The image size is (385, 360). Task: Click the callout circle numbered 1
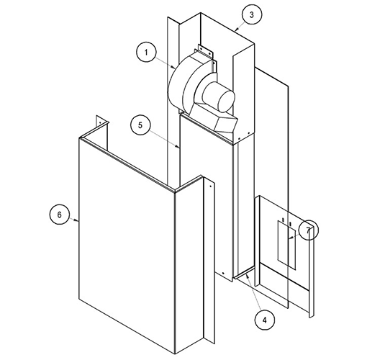click(x=146, y=53)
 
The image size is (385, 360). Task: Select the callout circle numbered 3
click(x=252, y=14)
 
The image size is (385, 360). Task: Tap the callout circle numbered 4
click(x=265, y=320)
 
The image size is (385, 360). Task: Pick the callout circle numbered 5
click(x=140, y=125)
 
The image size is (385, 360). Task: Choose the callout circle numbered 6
click(x=60, y=215)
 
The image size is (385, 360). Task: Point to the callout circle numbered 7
click(x=309, y=230)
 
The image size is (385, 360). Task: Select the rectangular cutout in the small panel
click(x=287, y=245)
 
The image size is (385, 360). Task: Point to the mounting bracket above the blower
click(x=205, y=50)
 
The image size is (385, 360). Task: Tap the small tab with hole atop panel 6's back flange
click(x=101, y=121)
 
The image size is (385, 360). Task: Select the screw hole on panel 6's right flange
click(x=210, y=186)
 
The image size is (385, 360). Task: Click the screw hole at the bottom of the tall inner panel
click(x=223, y=274)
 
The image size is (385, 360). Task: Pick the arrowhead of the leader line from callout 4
click(x=248, y=276)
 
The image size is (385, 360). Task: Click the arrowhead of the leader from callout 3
click(x=236, y=30)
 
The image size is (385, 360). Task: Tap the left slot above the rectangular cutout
click(x=283, y=220)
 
